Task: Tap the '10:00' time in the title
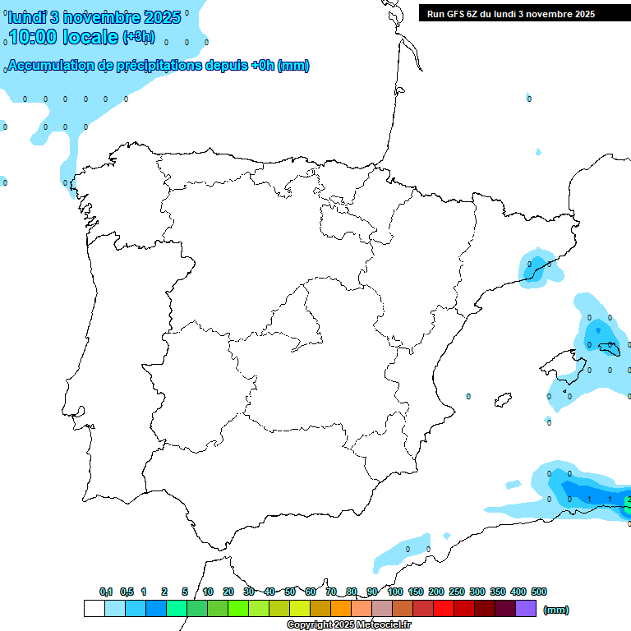33,37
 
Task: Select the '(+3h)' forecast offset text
138,37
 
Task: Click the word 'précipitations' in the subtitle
156,66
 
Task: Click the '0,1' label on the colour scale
106,592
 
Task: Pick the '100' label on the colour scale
395,592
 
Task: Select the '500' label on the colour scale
539,592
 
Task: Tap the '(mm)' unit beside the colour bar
556,610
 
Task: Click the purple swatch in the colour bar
526,609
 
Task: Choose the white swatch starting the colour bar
94,609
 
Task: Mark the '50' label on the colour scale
290,592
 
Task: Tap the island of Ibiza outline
504,400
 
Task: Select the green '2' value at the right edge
628,500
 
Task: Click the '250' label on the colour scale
457,592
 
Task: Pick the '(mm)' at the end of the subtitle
293,66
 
